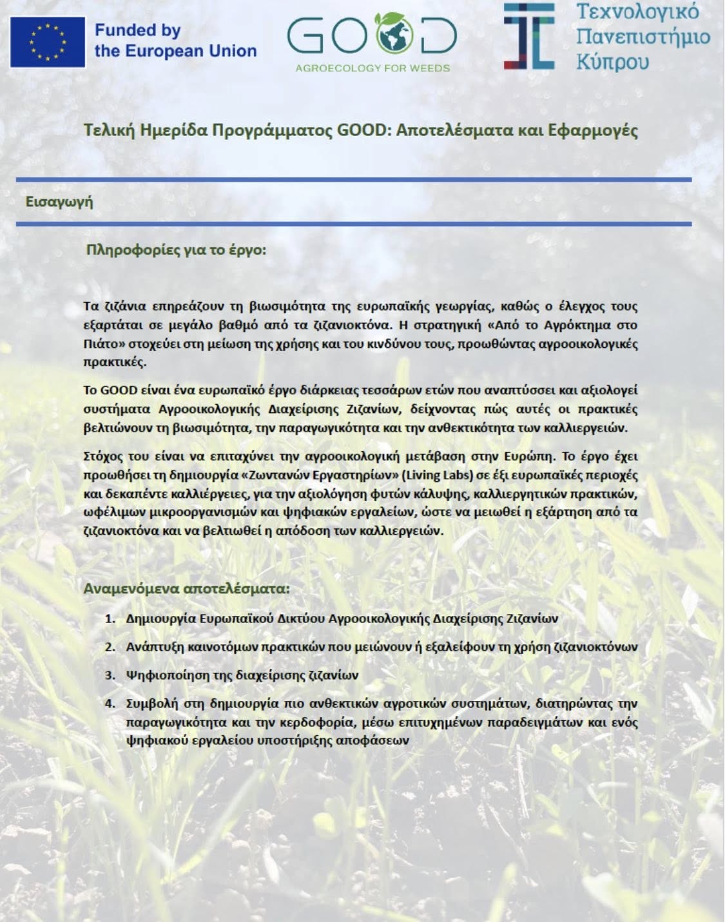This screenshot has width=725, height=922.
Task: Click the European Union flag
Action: click(48, 42)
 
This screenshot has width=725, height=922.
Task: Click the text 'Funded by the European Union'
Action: click(175, 41)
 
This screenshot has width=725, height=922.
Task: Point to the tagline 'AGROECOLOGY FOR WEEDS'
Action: click(372, 68)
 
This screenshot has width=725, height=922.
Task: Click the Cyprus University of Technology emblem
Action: click(529, 36)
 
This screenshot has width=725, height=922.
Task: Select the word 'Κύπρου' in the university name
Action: click(612, 62)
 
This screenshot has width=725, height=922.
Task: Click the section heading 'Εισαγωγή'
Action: click(59, 202)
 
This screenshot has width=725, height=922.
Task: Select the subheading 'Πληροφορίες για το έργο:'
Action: click(176, 249)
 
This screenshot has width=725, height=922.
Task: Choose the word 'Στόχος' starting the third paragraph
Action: click(104, 456)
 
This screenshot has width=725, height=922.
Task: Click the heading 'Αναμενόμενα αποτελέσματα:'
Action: click(186, 588)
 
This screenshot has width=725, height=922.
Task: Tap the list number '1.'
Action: click(110, 619)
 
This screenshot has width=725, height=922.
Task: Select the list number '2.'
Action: click(110, 647)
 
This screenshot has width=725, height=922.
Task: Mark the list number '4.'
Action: click(110, 703)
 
